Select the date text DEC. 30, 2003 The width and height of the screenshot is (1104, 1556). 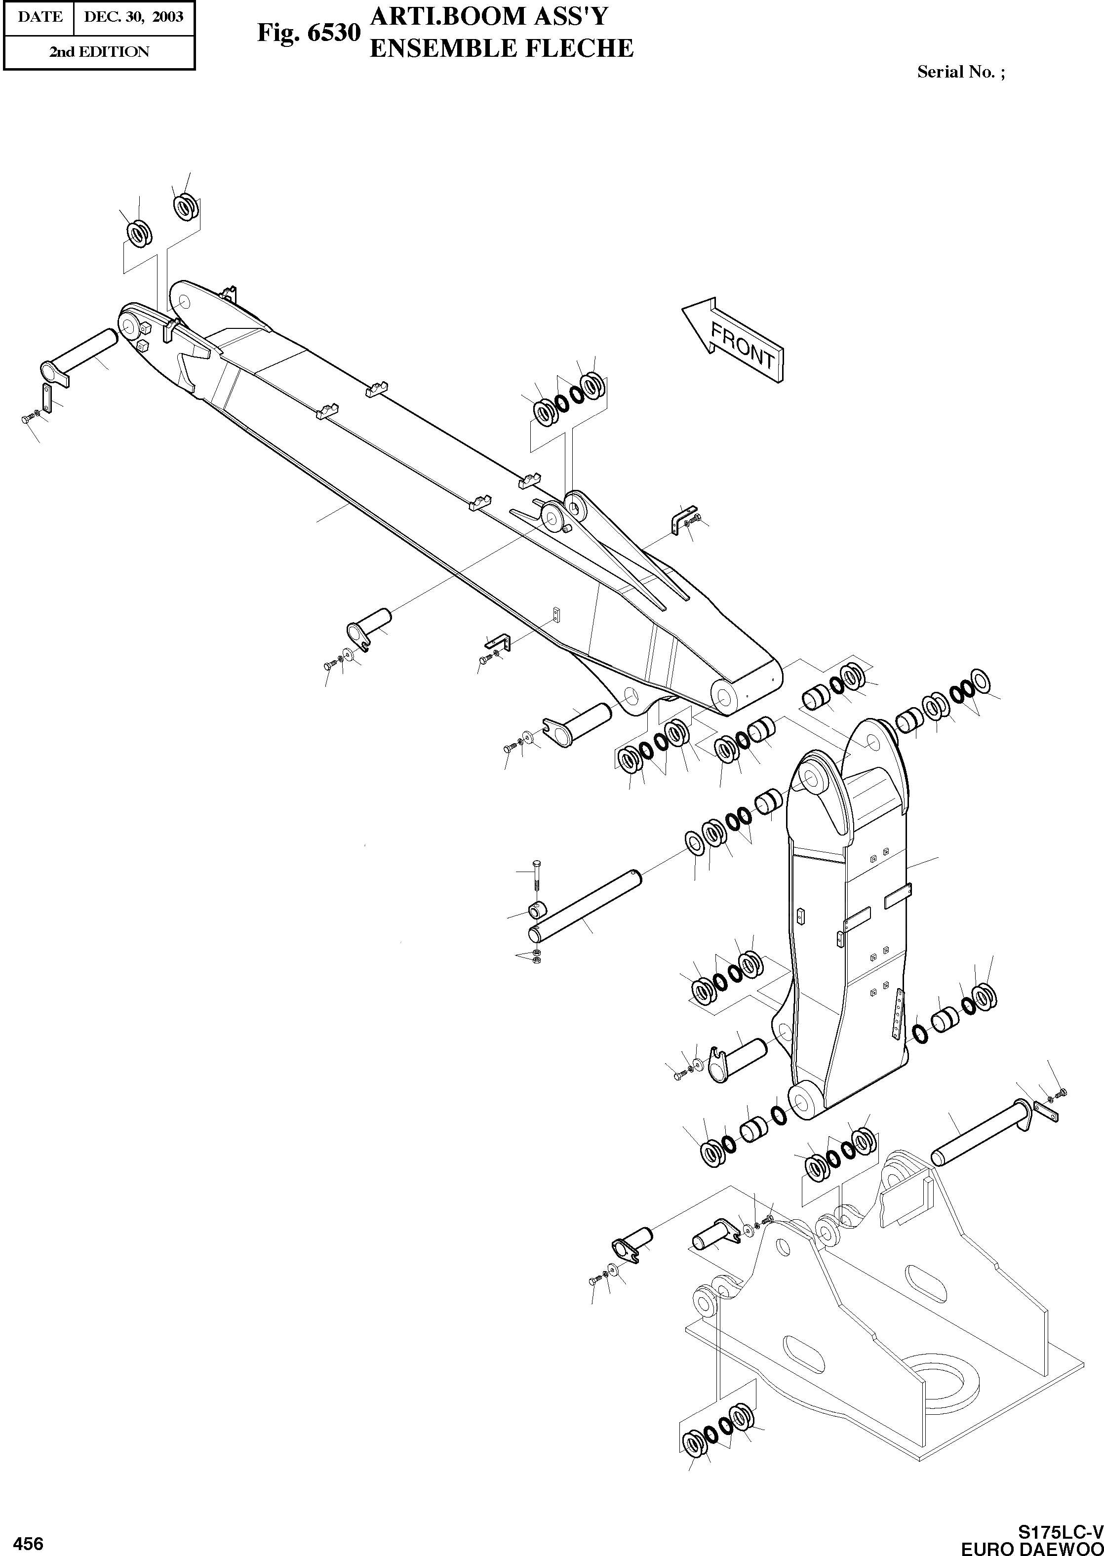coord(133,17)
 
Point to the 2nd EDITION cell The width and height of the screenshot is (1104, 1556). coord(99,52)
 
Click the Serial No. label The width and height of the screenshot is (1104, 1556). coord(960,72)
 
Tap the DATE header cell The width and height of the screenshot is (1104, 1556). coord(39,17)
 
